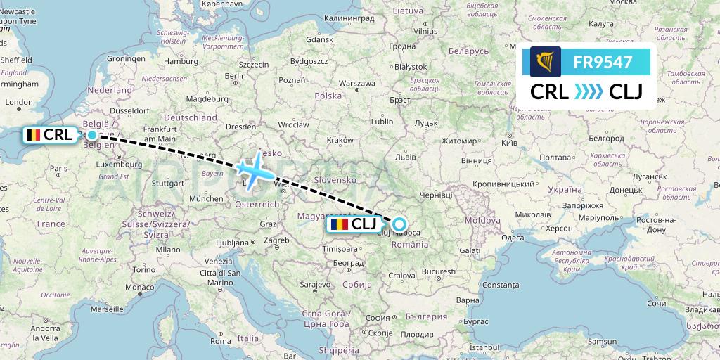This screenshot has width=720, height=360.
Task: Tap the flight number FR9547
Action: point(603,62)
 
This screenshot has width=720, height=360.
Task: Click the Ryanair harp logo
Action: point(546,62)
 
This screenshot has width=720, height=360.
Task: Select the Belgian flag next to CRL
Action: point(32,134)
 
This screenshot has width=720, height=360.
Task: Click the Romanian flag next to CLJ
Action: point(339,225)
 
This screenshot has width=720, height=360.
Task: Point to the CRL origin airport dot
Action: point(92,134)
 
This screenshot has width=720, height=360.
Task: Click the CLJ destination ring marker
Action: point(399,225)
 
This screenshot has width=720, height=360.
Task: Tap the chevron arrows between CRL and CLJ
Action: point(589,91)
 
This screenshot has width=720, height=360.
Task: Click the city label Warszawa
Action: point(356,83)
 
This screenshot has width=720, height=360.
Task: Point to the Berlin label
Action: point(235,76)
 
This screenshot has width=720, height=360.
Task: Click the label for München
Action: point(206,199)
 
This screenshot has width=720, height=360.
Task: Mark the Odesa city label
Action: point(512,238)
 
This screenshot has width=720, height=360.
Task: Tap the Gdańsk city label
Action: point(319,40)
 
